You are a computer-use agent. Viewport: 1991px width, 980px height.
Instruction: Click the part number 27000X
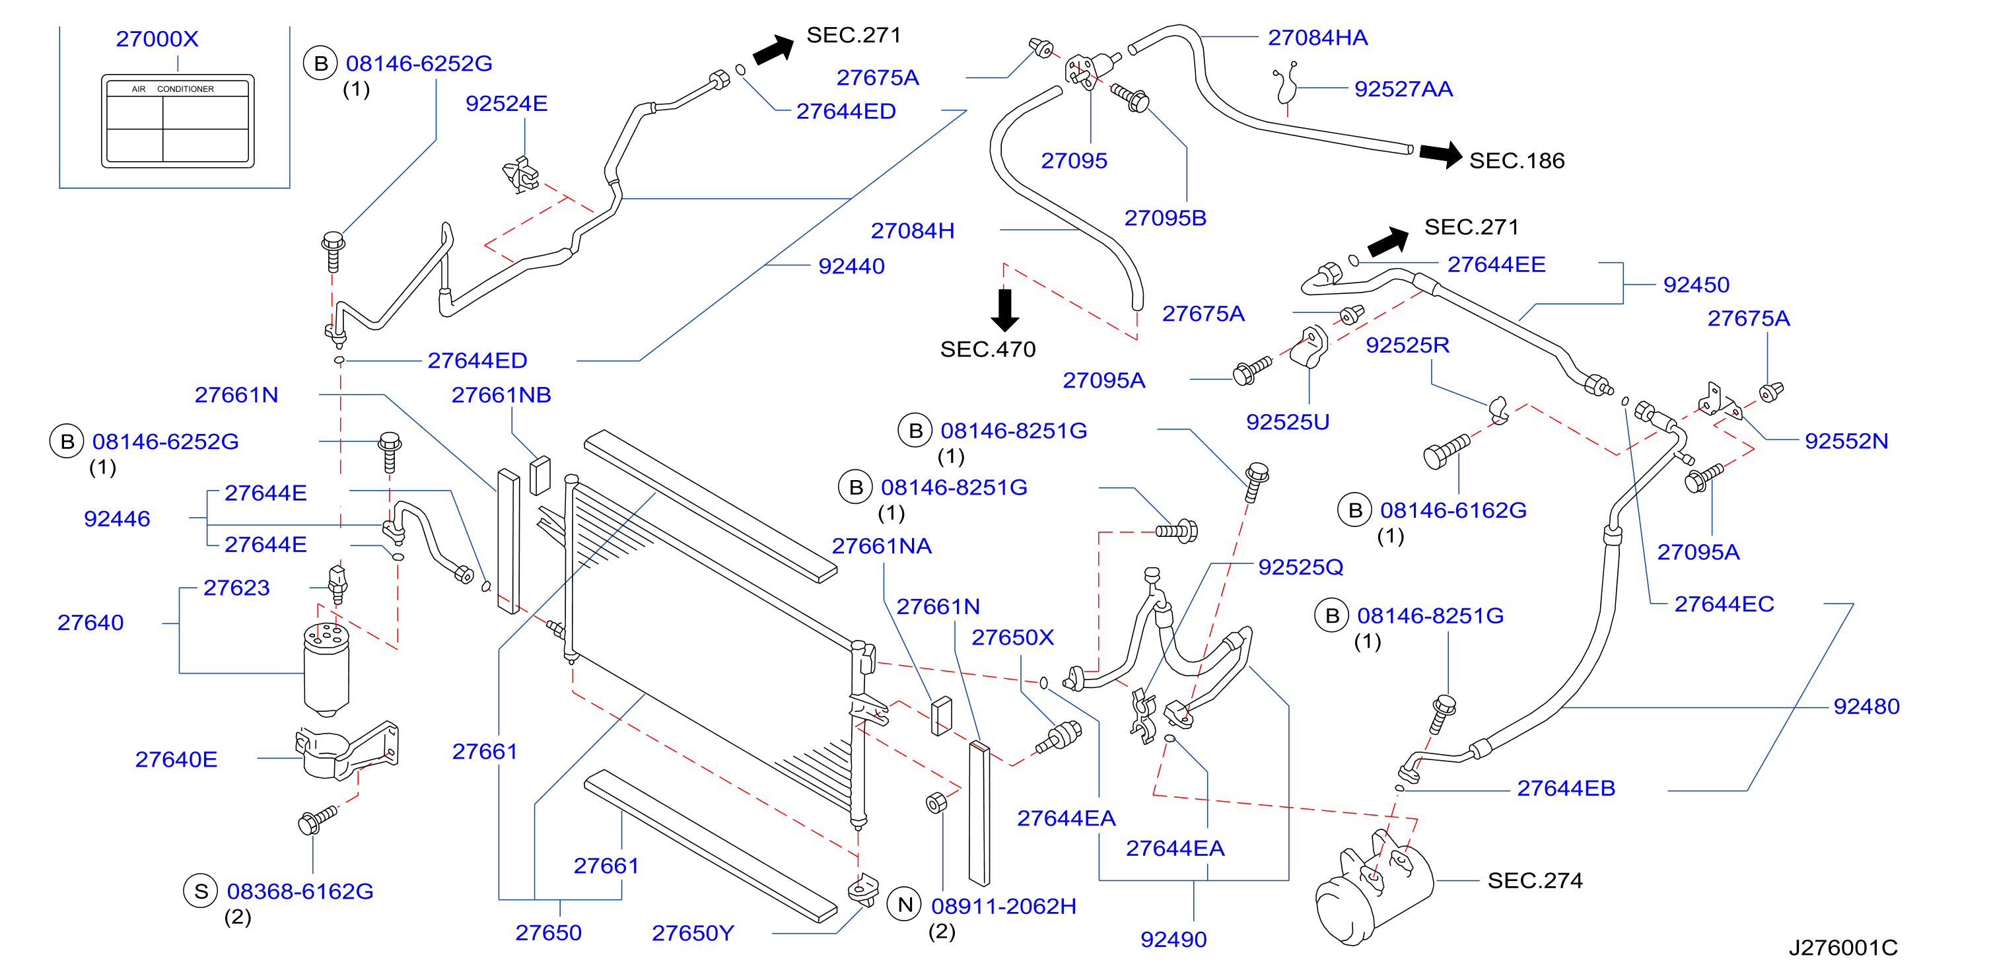pyautogui.click(x=157, y=39)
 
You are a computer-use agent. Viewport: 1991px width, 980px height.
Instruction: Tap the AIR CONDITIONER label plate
pyautogui.click(x=178, y=122)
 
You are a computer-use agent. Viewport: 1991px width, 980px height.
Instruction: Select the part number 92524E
pyautogui.click(x=506, y=104)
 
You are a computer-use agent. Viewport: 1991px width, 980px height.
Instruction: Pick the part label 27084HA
pyautogui.click(x=1318, y=37)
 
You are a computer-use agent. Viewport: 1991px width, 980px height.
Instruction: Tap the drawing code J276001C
pyautogui.click(x=1843, y=948)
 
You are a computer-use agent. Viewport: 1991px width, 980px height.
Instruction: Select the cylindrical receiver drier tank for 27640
pyautogui.click(x=326, y=670)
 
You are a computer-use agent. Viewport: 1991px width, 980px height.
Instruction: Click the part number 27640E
pyautogui.click(x=176, y=759)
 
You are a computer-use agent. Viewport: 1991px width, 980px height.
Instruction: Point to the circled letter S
pyautogui.click(x=201, y=891)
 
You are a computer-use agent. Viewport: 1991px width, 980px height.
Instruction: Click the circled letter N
pyautogui.click(x=905, y=904)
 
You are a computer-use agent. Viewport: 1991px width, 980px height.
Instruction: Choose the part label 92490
pyautogui.click(x=1173, y=940)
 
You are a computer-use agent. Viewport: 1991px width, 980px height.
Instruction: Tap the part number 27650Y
pyautogui.click(x=693, y=934)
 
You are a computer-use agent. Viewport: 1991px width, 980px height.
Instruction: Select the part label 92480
pyautogui.click(x=1867, y=707)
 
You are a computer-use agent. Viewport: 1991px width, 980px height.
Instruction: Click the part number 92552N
pyautogui.click(x=1846, y=441)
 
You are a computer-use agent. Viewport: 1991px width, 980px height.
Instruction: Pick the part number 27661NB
pyautogui.click(x=501, y=395)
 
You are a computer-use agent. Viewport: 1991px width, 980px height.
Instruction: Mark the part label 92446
pyautogui.click(x=117, y=518)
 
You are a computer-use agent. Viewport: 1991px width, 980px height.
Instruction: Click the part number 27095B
pyautogui.click(x=1165, y=218)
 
